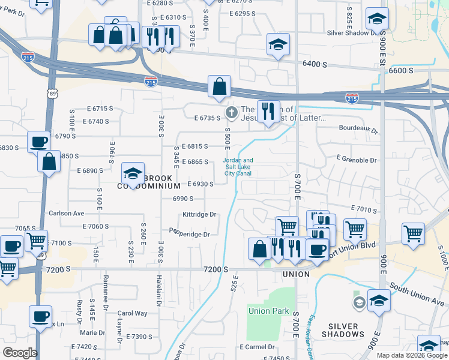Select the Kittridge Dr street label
(199, 214)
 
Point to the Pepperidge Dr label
(189, 233)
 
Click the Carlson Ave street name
(66, 213)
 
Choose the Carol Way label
(132, 313)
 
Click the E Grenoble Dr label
(357, 160)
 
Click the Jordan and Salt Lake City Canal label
(238, 167)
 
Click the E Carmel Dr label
(257, 347)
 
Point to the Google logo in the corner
(20, 353)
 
